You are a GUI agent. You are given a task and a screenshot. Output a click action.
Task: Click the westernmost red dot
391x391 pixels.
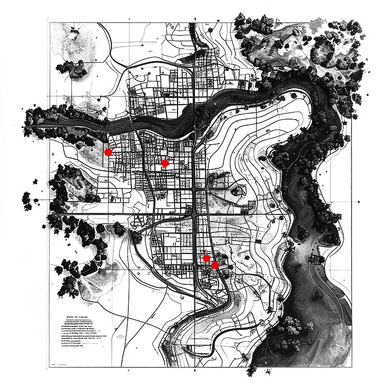click(108, 152)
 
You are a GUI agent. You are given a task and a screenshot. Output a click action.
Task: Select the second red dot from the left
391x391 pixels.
click(165, 163)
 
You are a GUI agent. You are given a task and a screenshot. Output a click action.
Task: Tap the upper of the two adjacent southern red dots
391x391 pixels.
click(206, 258)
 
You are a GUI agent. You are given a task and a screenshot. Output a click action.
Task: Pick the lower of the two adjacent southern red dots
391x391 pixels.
click(215, 265)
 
